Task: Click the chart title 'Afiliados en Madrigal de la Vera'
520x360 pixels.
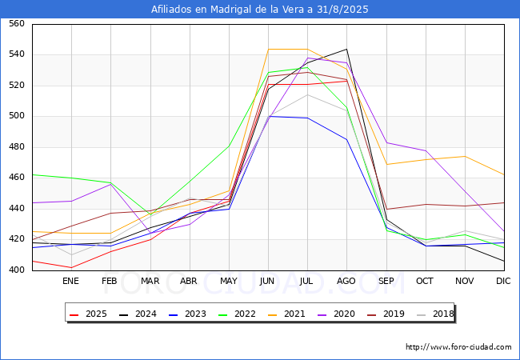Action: (x=229, y=10)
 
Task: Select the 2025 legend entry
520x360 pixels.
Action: (x=88, y=314)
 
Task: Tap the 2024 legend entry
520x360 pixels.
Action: (x=138, y=314)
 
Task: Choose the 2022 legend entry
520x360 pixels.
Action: (x=237, y=314)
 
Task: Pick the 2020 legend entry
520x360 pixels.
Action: (x=336, y=314)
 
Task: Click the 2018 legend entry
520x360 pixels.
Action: (x=435, y=314)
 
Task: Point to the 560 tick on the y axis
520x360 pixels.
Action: (x=17, y=23)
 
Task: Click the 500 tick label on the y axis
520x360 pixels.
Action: (x=17, y=116)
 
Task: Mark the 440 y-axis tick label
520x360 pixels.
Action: (x=17, y=208)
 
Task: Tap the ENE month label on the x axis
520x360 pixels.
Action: (x=70, y=281)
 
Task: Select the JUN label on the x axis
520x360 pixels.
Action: (x=267, y=281)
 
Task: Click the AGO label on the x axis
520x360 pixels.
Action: (x=346, y=281)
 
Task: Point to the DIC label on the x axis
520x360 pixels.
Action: (x=503, y=281)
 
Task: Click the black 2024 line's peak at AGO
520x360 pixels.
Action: (x=347, y=49)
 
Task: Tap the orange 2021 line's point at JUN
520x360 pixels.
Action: (x=268, y=49)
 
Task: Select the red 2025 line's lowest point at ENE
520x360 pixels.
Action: (x=72, y=267)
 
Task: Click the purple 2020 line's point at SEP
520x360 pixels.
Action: (x=386, y=142)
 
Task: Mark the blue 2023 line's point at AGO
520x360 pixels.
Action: (x=347, y=139)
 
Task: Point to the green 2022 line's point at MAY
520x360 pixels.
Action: (x=229, y=146)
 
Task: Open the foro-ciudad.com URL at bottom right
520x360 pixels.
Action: (x=458, y=347)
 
